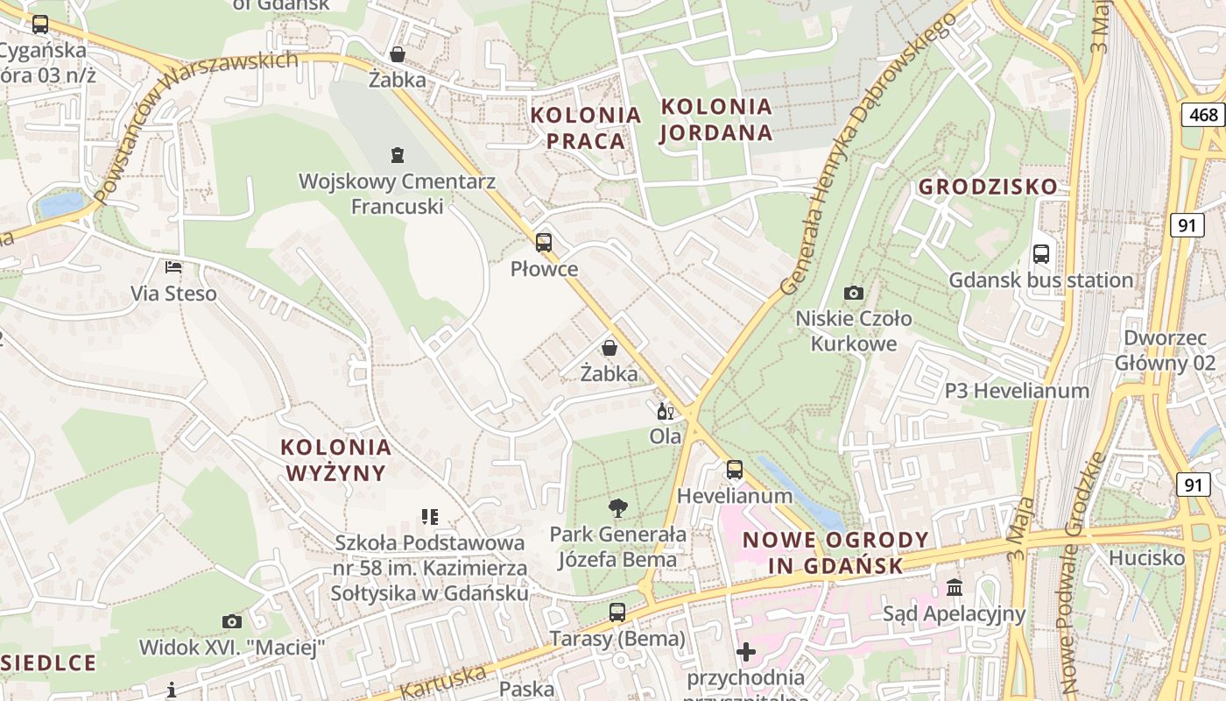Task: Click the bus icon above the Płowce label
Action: [544, 243]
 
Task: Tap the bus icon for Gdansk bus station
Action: [1041, 254]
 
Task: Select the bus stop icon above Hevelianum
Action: [735, 470]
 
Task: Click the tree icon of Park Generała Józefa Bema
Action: [618, 507]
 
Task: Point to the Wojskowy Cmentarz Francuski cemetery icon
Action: [398, 155]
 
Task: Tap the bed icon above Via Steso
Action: [173, 266]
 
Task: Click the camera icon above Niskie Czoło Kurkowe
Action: [854, 293]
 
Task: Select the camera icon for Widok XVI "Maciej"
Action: [232, 621]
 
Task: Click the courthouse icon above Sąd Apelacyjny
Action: [955, 587]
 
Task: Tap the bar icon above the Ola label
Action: [666, 411]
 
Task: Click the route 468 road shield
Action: [1204, 115]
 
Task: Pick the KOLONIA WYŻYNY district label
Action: [336, 460]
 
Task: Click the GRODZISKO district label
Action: [988, 187]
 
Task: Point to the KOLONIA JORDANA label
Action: [716, 120]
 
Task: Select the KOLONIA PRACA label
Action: [586, 128]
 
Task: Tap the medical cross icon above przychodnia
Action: [746, 652]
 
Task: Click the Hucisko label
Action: [1146, 558]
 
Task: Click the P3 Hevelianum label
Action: [1017, 391]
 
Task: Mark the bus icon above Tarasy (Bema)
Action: [617, 612]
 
